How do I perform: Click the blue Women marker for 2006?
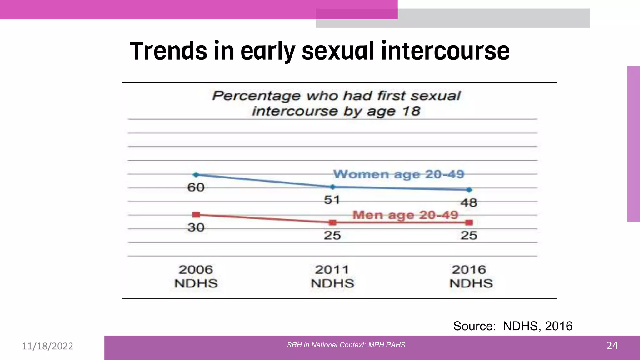[196, 175]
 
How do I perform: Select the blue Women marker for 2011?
[333, 187]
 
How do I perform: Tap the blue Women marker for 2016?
[469, 190]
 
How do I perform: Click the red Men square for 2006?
[196, 215]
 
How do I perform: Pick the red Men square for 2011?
[333, 222]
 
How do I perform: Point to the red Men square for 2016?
[469, 222]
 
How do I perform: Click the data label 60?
[196, 187]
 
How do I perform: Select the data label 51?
[332, 200]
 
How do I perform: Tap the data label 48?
[469, 203]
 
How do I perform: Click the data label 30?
[196, 227]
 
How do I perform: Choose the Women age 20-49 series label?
[399, 174]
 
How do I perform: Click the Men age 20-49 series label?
[405, 215]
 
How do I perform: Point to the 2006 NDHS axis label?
[196, 277]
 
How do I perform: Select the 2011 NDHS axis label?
[332, 277]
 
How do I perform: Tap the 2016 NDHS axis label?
[471, 277]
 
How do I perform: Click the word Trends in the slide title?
[168, 51]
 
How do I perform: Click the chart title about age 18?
[336, 103]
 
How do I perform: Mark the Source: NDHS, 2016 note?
[513, 326]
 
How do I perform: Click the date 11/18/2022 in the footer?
[47, 346]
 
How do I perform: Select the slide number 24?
[612, 346]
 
